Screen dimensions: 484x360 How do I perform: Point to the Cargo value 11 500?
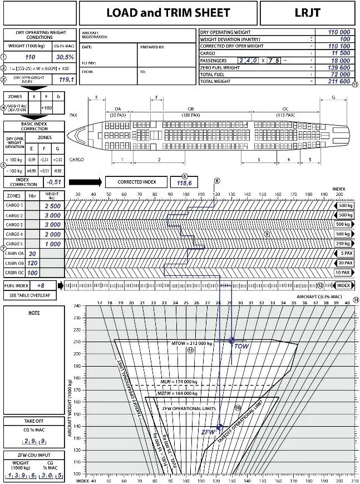point(340,53)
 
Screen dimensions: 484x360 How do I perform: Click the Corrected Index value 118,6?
point(184,182)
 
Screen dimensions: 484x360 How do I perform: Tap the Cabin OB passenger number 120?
point(32,263)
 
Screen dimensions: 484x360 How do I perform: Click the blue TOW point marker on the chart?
point(231,340)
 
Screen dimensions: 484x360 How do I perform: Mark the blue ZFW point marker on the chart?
point(219,427)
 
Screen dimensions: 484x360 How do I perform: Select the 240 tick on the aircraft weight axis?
point(77,305)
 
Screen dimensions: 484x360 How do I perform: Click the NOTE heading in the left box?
point(34,313)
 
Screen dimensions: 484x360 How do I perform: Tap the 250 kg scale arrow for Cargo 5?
point(343,244)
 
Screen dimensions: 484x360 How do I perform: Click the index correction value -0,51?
point(54,181)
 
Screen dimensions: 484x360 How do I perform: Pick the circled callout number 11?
point(355,85)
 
